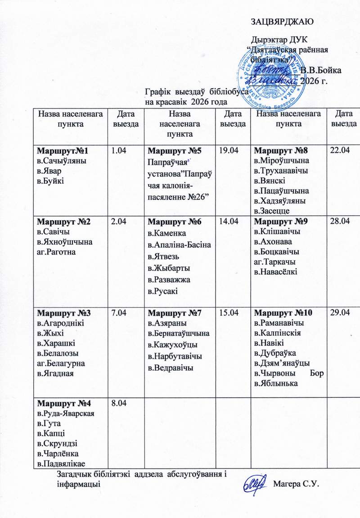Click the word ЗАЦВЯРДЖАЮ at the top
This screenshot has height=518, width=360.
click(282, 21)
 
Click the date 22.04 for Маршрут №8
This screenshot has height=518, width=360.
click(340, 150)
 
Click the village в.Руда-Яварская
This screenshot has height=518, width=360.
click(65, 414)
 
